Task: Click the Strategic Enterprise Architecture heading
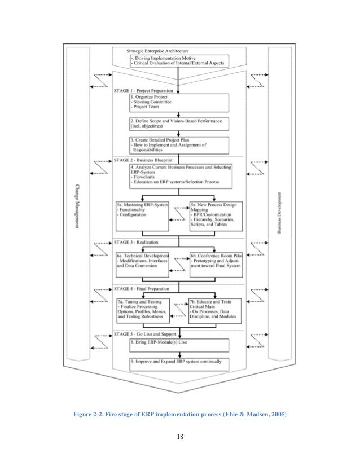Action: (x=157, y=51)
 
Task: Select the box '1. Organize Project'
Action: (x=179, y=102)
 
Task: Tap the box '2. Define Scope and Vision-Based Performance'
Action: (x=179, y=124)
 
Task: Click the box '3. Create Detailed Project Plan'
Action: (x=179, y=146)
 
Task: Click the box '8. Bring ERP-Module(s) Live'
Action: (x=179, y=345)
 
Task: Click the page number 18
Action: (x=179, y=436)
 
